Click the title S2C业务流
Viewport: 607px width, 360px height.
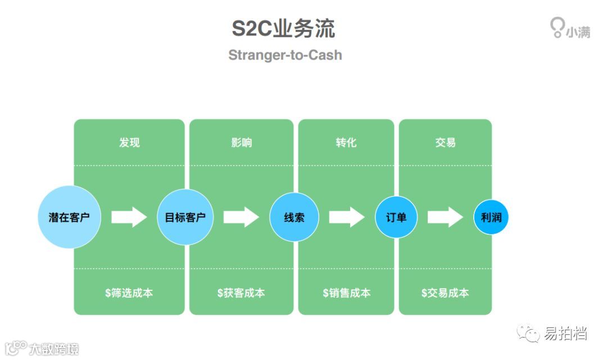284,29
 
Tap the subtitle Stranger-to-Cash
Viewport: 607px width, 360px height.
285,55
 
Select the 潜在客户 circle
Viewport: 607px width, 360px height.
69,217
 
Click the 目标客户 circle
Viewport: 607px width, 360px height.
185,217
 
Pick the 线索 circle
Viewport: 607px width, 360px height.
294,217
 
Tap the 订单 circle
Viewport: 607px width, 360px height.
396,217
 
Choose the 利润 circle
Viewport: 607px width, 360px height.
491,217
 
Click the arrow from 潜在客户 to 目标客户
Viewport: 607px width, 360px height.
129,217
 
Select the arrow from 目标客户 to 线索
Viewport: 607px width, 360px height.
241,217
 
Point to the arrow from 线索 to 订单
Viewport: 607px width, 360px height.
346,217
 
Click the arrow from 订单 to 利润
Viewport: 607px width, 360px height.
445,217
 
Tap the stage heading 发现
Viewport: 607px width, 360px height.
129,143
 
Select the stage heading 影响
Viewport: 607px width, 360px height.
242,143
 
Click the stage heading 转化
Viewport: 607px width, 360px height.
346,143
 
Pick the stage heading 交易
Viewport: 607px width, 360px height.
445,143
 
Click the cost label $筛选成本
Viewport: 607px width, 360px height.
129,293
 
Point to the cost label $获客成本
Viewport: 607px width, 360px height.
241,293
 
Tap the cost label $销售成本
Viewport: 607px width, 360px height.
346,293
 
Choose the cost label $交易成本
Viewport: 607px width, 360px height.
445,293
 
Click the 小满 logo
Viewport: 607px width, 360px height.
569,29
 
